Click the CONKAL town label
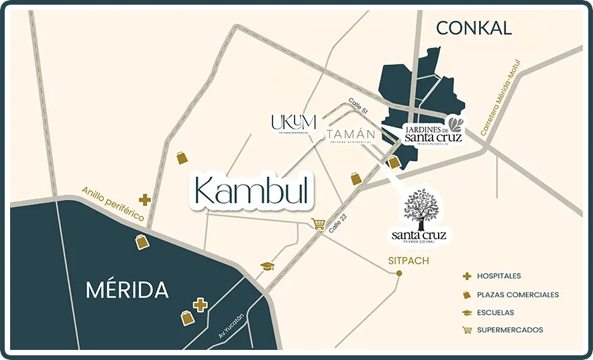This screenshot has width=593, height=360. click(474, 27)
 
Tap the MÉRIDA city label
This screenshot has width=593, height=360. click(127, 290)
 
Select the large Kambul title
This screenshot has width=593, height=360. click(254, 191)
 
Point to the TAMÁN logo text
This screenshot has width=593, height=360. click(351, 135)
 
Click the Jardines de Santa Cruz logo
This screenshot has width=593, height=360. click(433, 131)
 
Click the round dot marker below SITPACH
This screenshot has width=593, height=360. click(399, 273)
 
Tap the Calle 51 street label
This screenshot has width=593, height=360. click(359, 109)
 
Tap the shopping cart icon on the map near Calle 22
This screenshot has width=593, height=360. click(318, 224)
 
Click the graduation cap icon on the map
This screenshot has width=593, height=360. click(268, 266)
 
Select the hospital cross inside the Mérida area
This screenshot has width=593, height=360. click(199, 305)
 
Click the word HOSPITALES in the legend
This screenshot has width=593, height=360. click(498, 276)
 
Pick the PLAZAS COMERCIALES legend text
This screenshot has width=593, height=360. click(517, 294)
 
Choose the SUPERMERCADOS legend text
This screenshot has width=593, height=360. click(510, 330)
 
